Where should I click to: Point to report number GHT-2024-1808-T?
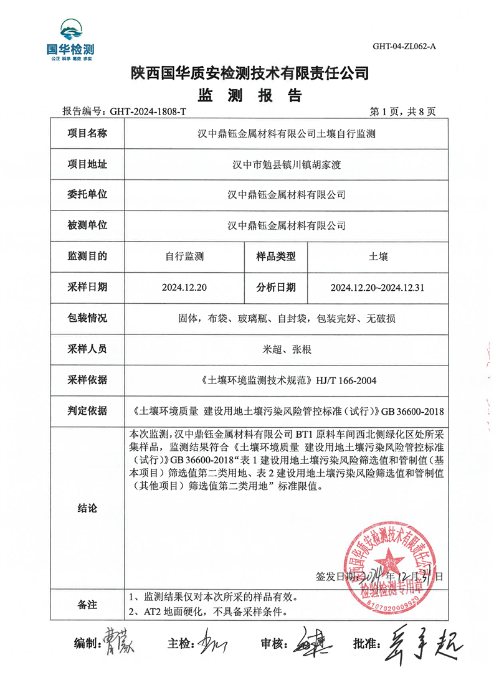[x=148, y=112]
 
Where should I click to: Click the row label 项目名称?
[x=87, y=133]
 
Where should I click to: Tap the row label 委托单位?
[x=87, y=195]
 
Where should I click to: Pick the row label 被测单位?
[x=87, y=225]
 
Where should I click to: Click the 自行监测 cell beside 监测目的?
[x=185, y=257]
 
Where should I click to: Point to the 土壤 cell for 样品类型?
[x=378, y=257]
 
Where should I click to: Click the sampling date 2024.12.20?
[x=185, y=287]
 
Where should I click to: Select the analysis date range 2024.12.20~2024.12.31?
[x=378, y=287]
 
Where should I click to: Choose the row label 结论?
[x=87, y=508]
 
